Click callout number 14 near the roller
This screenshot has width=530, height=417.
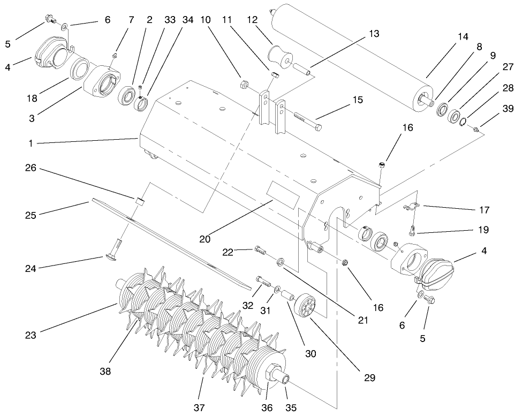point(462,37)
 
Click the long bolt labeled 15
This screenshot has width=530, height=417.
point(308,121)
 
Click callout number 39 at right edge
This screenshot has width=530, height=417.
point(508,109)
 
